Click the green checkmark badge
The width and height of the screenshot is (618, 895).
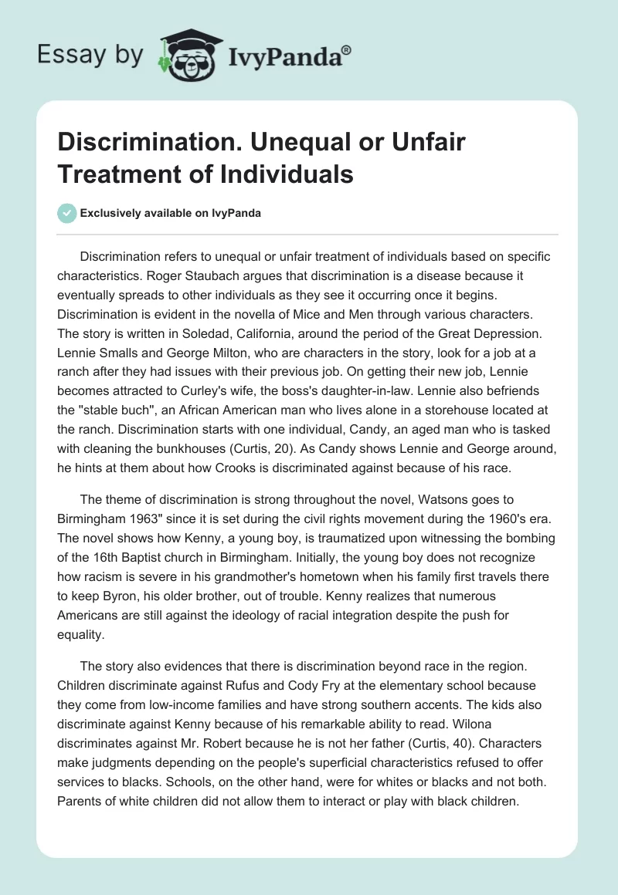(x=67, y=214)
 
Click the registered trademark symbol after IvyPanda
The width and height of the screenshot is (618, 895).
(x=348, y=49)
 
